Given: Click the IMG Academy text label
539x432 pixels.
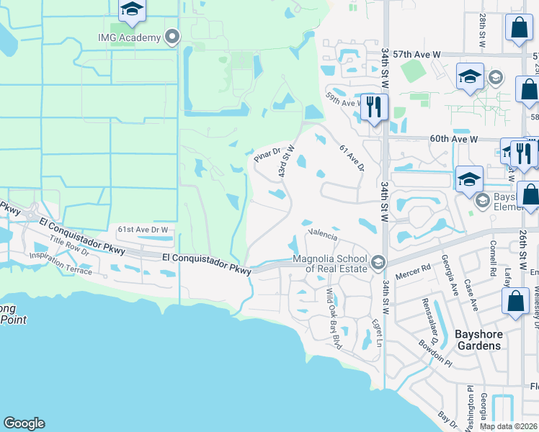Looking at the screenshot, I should tap(130, 37).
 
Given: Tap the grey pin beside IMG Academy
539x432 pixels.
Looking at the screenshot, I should tap(172, 37).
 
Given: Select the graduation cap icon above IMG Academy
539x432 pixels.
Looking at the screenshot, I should tap(132, 10).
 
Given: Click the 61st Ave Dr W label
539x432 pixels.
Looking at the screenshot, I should tap(143, 229).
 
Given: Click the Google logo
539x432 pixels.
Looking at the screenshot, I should tap(24, 423).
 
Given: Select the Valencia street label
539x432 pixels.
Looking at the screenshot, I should tap(322, 233).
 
